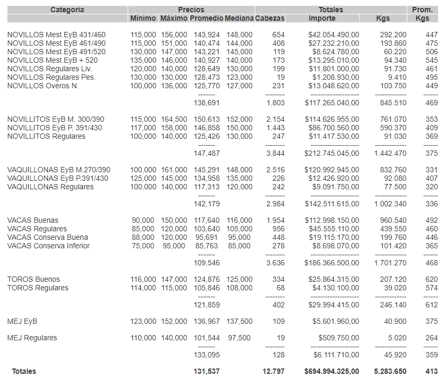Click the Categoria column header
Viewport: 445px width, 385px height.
(67, 10)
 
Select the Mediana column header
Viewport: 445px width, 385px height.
(239, 18)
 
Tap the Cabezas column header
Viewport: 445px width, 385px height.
(270, 18)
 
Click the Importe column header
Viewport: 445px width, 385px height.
(322, 18)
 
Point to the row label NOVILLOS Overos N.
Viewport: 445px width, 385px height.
(43, 86)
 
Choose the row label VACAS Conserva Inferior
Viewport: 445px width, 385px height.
(48, 246)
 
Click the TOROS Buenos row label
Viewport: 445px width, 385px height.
(33, 279)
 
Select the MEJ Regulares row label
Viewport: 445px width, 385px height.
(32, 338)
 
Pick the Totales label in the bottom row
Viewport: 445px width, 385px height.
(24, 371)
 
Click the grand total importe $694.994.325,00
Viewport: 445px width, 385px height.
(332, 371)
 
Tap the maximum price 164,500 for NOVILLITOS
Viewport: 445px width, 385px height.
(174, 120)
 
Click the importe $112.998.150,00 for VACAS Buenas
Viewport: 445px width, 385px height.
(332, 220)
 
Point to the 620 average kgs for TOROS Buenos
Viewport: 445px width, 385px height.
(431, 279)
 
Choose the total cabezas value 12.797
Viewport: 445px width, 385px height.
(273, 371)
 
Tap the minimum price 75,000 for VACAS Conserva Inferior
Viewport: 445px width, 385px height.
(144, 246)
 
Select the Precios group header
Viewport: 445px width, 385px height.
(191, 10)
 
